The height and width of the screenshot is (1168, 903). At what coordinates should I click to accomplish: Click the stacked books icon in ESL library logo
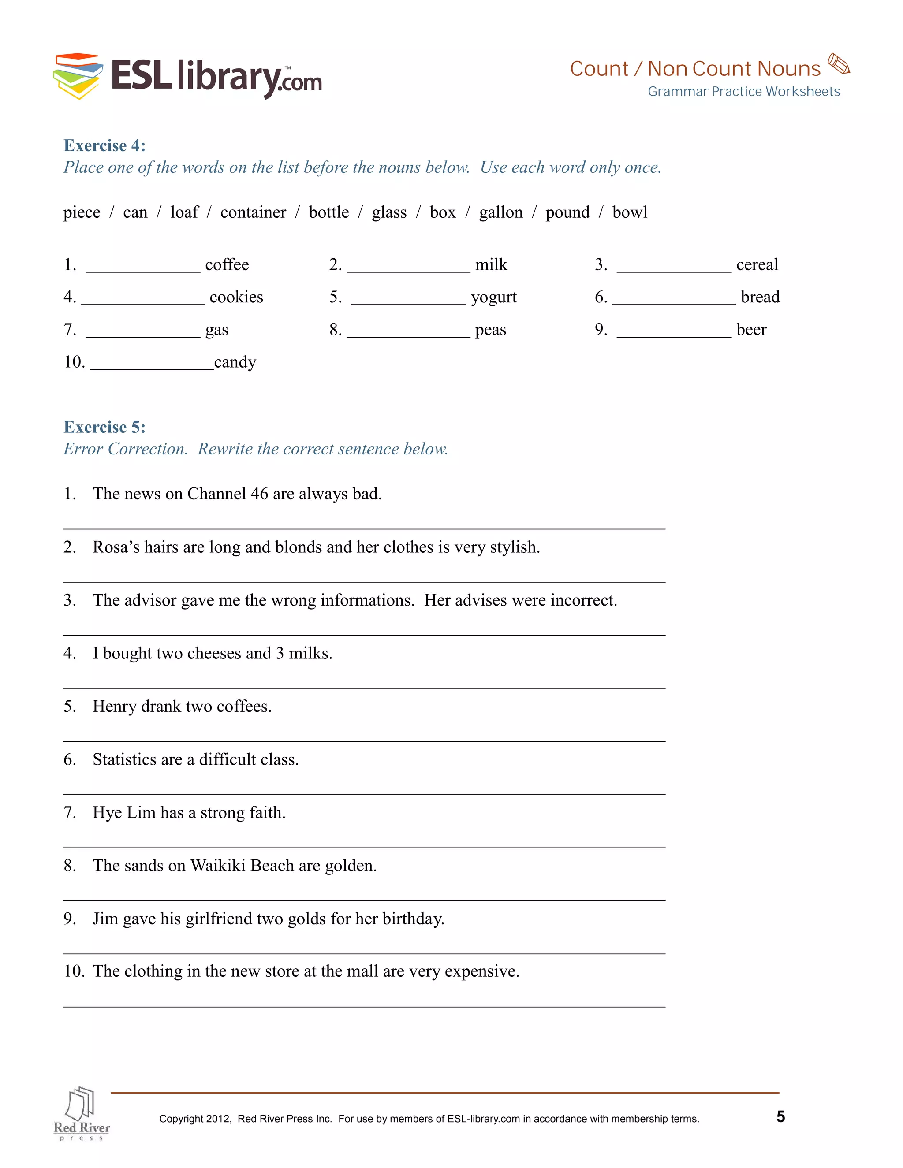coord(78,76)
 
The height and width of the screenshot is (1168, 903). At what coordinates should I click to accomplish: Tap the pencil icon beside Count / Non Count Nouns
coord(838,64)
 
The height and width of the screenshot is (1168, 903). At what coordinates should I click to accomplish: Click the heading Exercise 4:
coord(104,145)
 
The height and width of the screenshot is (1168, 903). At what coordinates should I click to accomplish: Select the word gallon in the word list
coord(501,213)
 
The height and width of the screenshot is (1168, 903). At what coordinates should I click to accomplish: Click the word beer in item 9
coord(751,329)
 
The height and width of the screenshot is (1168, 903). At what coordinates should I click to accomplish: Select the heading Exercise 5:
coord(104,427)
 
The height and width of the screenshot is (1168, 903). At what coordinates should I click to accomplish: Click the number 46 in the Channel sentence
coord(259,494)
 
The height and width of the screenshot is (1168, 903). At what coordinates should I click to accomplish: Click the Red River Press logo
coord(81,1113)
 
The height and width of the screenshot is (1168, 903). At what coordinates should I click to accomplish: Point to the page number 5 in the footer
coord(780,1117)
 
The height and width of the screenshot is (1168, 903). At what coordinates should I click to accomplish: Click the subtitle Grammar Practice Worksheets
coord(743,91)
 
